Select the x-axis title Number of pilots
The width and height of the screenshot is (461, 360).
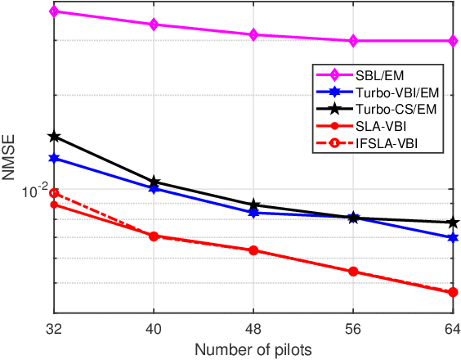253,350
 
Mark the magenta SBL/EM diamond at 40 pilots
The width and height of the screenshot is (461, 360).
154,25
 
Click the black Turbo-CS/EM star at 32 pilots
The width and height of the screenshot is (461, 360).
54,136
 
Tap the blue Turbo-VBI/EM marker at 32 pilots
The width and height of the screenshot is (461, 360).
54,158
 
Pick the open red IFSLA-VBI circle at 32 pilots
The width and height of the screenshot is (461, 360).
54,194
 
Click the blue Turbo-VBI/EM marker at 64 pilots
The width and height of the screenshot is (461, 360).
453,237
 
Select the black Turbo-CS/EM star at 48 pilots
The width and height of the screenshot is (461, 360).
253,205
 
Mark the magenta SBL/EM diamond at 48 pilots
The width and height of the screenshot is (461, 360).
253,34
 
